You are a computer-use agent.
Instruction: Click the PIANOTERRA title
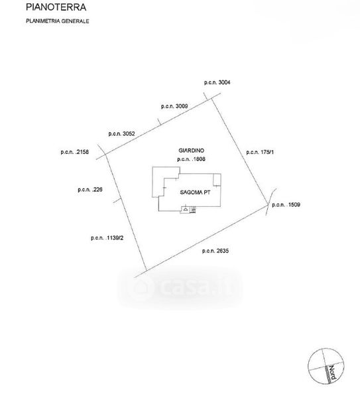[56, 7]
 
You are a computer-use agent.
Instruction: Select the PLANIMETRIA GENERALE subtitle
[57, 21]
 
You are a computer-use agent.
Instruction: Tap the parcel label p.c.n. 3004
[217, 82]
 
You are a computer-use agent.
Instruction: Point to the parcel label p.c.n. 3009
[174, 106]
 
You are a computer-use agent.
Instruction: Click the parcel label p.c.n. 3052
[121, 133]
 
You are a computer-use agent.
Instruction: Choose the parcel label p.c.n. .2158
[75, 152]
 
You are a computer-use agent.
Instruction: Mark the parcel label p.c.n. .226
[90, 189]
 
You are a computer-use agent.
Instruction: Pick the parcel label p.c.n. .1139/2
[107, 238]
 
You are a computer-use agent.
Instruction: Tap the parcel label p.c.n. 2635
[215, 251]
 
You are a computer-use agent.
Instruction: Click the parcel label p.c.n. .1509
[286, 204]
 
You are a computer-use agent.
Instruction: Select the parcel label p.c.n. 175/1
[260, 152]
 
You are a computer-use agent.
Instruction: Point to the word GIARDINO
[192, 151]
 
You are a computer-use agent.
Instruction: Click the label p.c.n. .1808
[192, 159]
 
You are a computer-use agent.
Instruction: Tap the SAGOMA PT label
[195, 192]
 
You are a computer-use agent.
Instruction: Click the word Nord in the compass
[332, 373]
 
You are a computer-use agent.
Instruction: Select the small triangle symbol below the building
[186, 210]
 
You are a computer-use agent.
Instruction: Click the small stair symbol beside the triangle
[194, 210]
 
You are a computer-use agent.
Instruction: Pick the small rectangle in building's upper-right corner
[217, 180]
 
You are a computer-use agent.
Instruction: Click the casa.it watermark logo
[180, 287]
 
